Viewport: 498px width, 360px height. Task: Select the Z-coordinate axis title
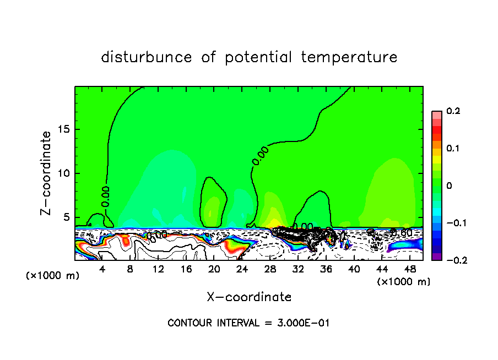(x=47, y=173)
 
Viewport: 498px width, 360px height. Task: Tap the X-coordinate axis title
(x=249, y=297)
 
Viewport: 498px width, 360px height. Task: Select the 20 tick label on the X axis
(x=214, y=269)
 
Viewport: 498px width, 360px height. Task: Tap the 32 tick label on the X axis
(x=298, y=269)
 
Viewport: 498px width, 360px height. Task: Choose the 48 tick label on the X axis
(x=410, y=269)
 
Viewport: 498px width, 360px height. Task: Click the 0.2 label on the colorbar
(x=453, y=111)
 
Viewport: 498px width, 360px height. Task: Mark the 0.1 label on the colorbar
(x=453, y=149)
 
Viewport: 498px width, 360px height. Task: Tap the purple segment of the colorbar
(x=437, y=257)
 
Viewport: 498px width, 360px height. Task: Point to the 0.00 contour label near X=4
(x=105, y=196)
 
